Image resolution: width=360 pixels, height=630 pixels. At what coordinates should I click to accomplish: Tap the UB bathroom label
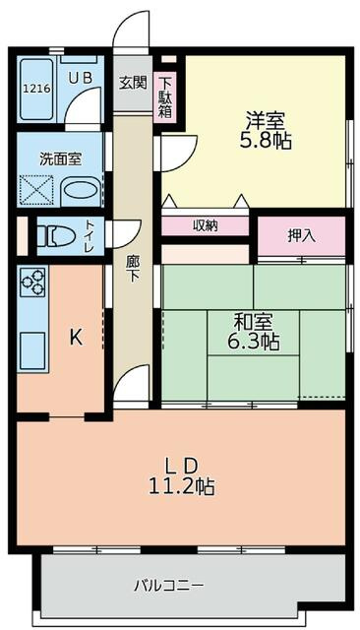[80, 73]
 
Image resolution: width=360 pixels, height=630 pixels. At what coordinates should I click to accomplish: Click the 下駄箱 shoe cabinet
[166, 97]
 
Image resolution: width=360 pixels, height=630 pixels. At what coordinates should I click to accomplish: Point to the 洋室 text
[265, 121]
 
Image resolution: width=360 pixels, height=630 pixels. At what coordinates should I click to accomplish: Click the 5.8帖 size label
[265, 142]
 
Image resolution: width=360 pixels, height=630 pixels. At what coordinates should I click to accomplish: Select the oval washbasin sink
[80, 190]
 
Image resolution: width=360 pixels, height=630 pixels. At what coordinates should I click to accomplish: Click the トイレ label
[90, 236]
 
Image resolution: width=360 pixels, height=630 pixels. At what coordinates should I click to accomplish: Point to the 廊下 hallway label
[132, 267]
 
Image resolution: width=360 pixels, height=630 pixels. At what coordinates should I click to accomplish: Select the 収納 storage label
[206, 226]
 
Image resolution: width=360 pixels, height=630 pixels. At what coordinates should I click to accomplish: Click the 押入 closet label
[301, 235]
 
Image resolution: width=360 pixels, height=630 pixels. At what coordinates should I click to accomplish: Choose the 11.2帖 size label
[182, 486]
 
